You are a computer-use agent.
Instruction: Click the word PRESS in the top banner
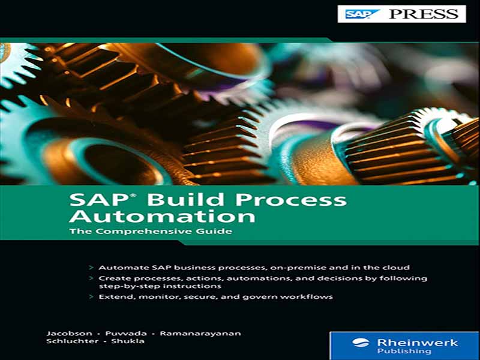click(424, 14)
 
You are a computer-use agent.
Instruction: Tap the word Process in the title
click(291, 200)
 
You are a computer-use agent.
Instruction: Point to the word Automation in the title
click(162, 215)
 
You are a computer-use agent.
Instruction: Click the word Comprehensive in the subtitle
click(143, 231)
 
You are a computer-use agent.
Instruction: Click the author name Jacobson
click(69, 334)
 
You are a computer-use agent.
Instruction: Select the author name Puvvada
click(126, 334)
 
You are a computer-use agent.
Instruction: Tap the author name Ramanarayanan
click(200, 334)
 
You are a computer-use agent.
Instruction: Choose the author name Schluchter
click(73, 341)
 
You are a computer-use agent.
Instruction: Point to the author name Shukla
click(128, 341)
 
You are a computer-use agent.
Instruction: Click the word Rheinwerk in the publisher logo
click(418, 342)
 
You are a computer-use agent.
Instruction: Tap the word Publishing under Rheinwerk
click(404, 351)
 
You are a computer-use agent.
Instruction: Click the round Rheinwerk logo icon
click(361, 343)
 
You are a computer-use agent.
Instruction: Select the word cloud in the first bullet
click(396, 268)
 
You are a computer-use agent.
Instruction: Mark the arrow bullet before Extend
click(91, 296)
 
